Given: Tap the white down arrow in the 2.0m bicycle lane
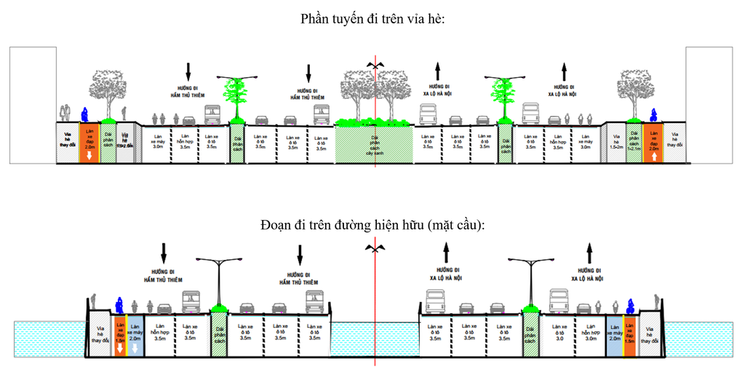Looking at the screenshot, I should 89,154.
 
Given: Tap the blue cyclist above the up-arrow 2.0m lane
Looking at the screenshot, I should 653,114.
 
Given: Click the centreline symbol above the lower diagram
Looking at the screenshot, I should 375,249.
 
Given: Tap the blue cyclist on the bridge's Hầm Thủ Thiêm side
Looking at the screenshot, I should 118,307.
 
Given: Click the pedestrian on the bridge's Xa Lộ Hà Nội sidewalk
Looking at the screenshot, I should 657,301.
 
